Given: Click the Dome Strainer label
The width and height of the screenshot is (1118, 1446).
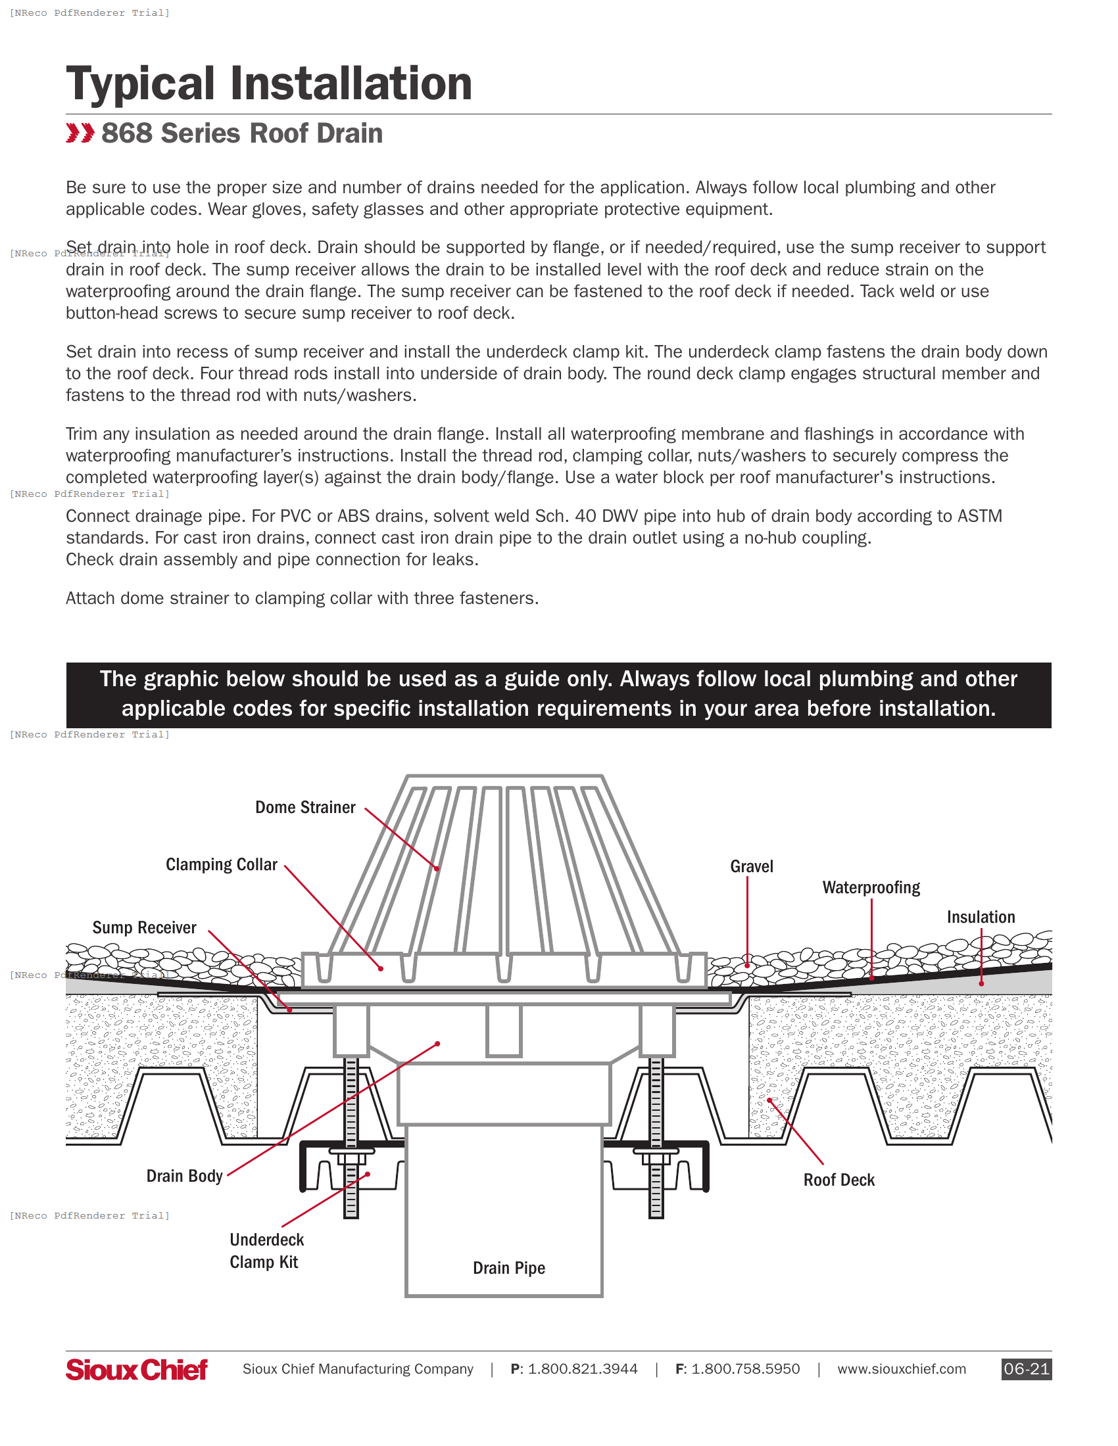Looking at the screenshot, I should coord(305,807).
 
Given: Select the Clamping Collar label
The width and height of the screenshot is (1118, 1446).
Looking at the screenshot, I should coord(221,865).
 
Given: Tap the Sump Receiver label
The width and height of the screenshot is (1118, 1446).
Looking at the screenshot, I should coord(145,927).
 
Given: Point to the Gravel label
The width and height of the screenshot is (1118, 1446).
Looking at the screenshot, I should coord(752,867).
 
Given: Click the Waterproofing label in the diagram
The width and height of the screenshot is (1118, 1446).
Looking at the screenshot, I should coord(871,888).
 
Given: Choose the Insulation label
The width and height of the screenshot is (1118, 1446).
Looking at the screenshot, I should coord(981,917).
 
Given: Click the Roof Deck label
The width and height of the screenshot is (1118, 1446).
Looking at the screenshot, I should coord(838,1180).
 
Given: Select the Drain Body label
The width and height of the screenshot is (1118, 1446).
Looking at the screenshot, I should coord(184,1176).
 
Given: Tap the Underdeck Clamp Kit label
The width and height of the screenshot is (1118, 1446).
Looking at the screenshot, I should coord(266,1251).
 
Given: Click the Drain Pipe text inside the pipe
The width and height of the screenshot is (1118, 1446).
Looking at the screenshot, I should coord(508,1268).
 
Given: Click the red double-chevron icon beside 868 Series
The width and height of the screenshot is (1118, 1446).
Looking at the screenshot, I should coord(80,133).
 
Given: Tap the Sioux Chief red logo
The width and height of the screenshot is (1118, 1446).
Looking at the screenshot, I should coord(136,1369).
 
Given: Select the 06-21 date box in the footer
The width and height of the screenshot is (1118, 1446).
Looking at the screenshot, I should coord(1026,1369).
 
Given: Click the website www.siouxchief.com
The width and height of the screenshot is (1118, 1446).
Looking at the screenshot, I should coord(902,1369).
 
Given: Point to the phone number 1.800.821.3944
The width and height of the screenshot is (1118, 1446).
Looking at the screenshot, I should coord(583,1369).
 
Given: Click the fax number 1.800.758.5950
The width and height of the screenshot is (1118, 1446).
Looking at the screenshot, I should coord(745,1369).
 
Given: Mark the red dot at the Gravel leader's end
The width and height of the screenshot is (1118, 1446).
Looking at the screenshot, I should coord(747,966).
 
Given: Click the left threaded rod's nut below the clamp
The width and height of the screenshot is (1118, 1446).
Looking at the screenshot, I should coord(351,1159).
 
